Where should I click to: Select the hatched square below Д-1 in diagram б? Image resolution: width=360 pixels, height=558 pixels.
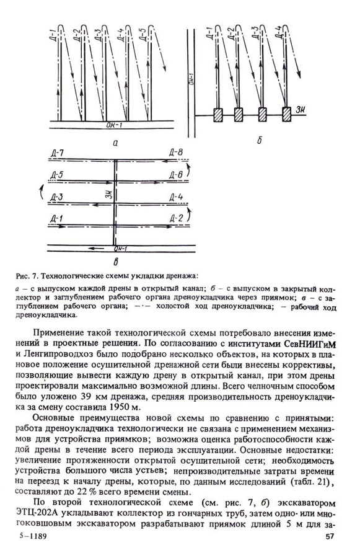tap(218, 115)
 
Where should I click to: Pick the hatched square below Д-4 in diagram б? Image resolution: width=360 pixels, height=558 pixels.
tap(287, 115)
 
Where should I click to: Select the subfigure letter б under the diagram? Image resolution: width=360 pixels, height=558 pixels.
tap(259, 141)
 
